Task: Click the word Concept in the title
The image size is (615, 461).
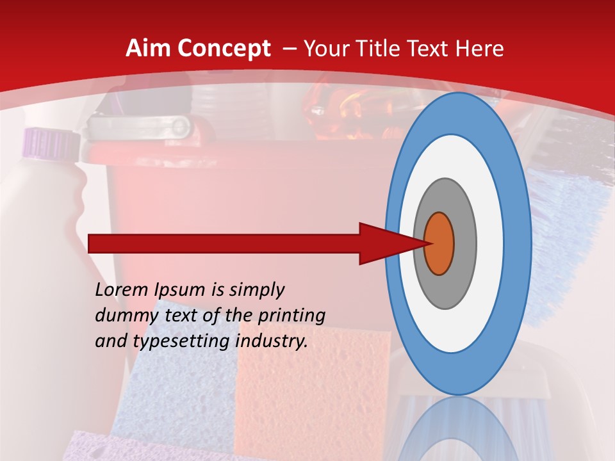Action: pyautogui.click(x=222, y=49)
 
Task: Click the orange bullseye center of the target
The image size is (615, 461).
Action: pyautogui.click(x=439, y=243)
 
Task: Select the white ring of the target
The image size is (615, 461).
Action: pyautogui.click(x=490, y=243)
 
